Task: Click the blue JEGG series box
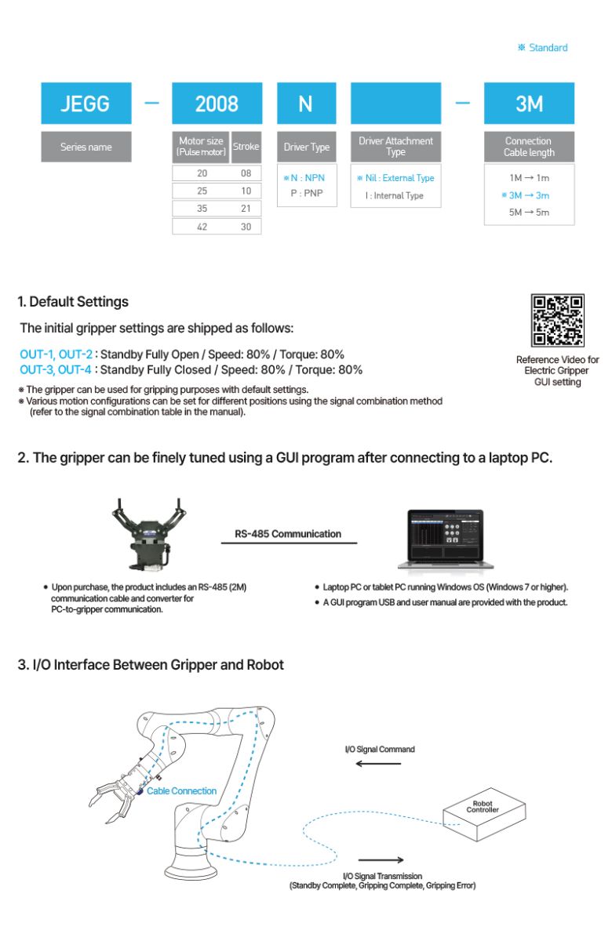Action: (x=86, y=104)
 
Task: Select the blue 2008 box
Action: (x=217, y=104)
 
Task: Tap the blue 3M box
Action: (x=529, y=104)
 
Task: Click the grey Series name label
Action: (x=86, y=147)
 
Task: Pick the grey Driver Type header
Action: (x=307, y=147)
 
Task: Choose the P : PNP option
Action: (x=307, y=192)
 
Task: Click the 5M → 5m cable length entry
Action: (x=529, y=213)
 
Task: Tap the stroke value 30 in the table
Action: (x=246, y=226)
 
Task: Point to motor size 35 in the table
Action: (x=202, y=209)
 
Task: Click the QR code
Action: (x=558, y=321)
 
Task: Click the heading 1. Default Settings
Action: (x=73, y=302)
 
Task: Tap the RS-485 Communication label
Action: (x=288, y=534)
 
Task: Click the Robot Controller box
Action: (x=482, y=812)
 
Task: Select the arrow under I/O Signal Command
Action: (x=379, y=763)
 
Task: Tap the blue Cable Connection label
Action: (x=181, y=791)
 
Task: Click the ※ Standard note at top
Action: (x=542, y=48)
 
